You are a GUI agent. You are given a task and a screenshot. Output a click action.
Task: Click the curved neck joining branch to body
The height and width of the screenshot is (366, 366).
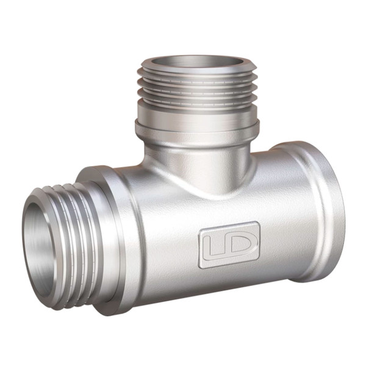198,163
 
